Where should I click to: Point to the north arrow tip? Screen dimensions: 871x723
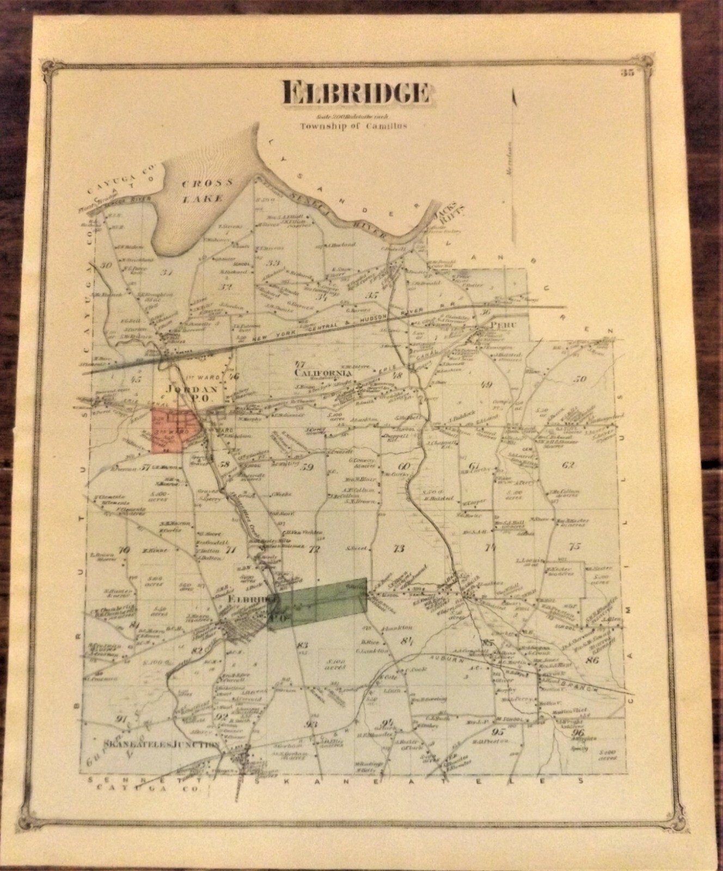click(513, 93)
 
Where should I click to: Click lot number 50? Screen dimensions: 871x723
click(580, 379)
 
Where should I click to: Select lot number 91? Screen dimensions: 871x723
click(120, 719)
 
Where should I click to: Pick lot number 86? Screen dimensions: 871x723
click(592, 661)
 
